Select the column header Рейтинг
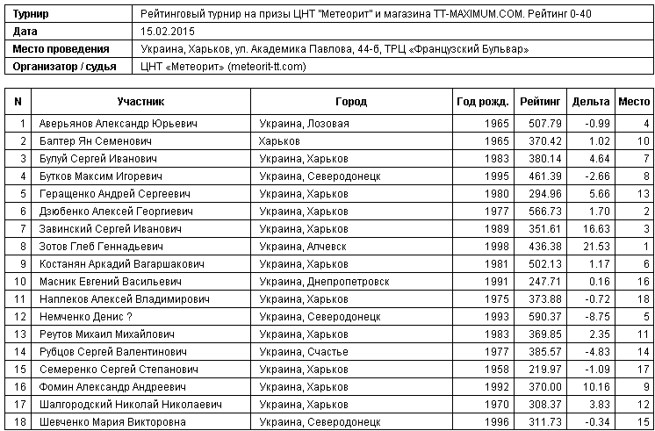540,102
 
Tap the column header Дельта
590,102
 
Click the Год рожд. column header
482,102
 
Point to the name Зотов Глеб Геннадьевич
98,246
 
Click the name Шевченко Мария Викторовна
110,421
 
